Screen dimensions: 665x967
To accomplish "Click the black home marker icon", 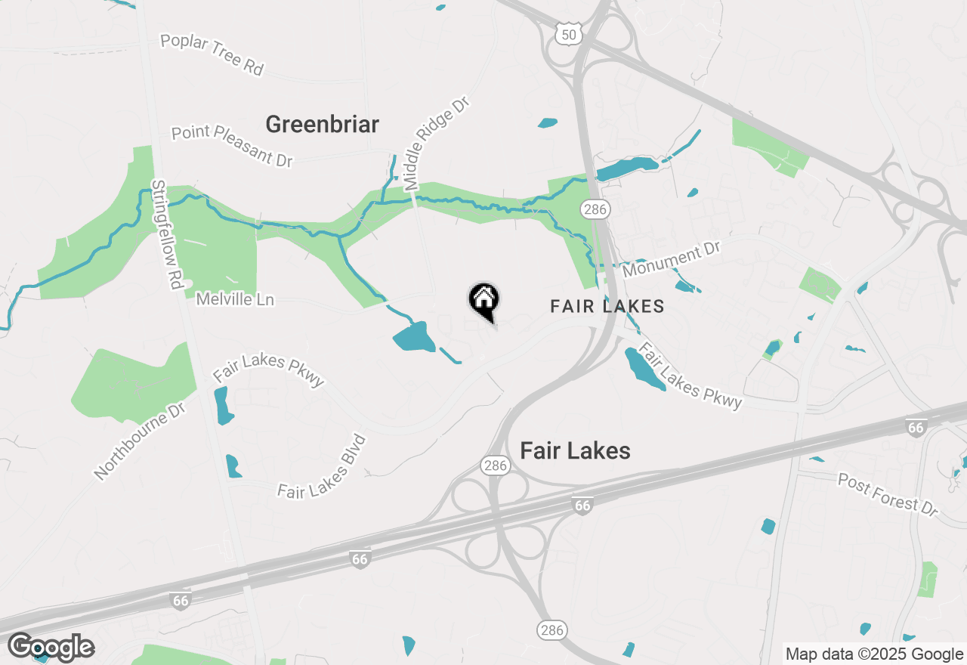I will coord(483,300).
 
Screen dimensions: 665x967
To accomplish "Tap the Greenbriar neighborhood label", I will coord(322,124).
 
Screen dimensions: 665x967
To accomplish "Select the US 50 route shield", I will coord(569,33).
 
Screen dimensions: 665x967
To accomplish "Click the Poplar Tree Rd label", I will coord(212,54).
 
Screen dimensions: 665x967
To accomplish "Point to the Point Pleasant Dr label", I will coord(231,145).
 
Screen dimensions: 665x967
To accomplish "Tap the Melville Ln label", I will coord(235,300).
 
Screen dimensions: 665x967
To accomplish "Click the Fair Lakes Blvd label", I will coord(322,469).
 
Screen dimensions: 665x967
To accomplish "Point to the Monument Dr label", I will coord(672,258).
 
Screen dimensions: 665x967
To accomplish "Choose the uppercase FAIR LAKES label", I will coord(607,306).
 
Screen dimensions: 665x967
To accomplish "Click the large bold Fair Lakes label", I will coord(575,451).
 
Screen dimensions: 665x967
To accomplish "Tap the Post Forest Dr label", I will coord(888,494).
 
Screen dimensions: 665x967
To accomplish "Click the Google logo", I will coord(51,648).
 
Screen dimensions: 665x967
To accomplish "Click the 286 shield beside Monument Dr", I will coord(595,209).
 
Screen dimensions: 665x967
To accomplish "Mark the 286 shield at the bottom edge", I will coord(551,629).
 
